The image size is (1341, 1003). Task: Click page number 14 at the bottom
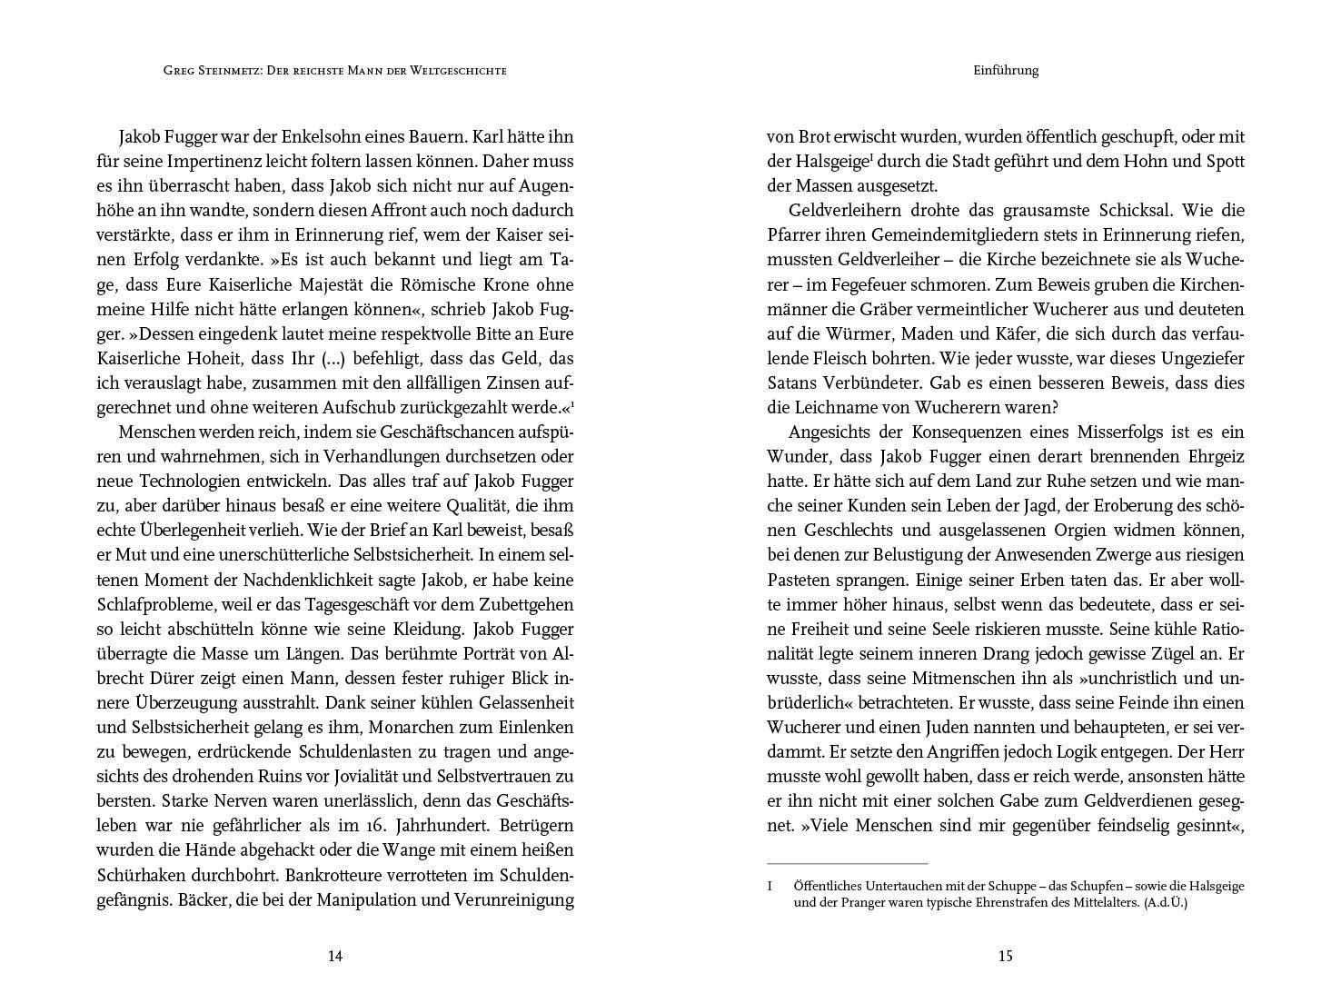click(x=334, y=956)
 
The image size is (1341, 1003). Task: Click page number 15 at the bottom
click(x=1005, y=956)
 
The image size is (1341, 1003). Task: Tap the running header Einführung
click(x=1005, y=70)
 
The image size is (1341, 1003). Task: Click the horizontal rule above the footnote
click(x=847, y=863)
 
